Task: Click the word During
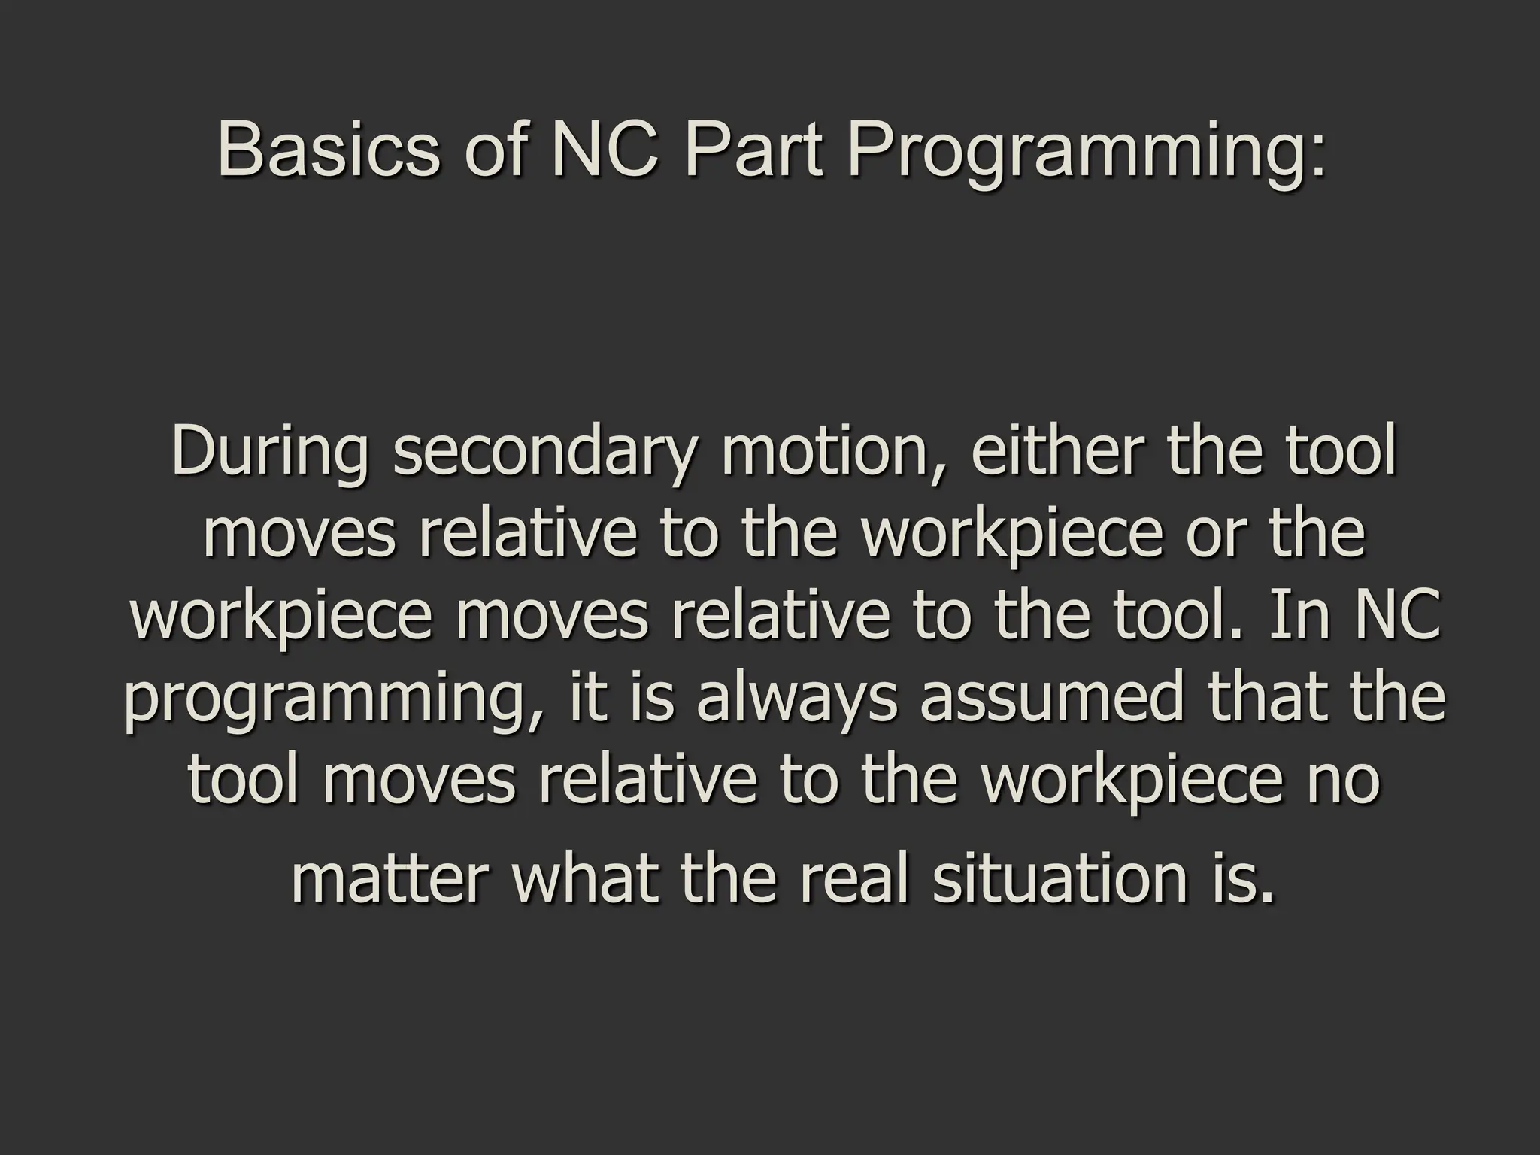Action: click(x=270, y=453)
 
